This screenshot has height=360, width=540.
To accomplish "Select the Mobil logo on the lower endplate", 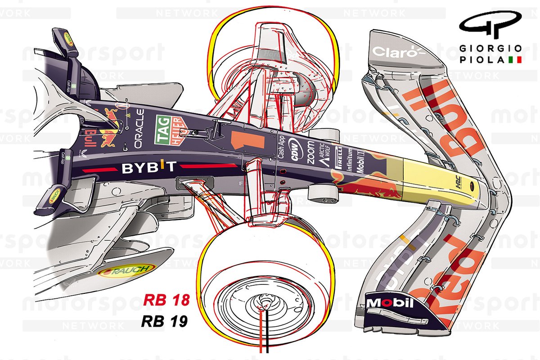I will (x=390, y=303).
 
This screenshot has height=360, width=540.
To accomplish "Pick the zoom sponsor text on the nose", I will (x=310, y=152).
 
